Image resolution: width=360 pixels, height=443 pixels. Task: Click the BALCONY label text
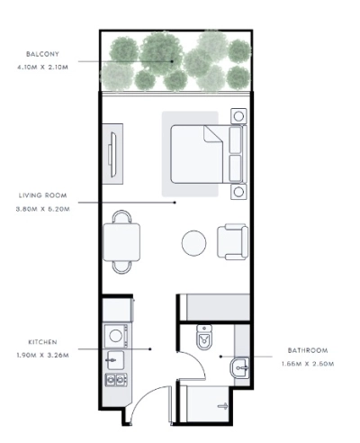[42, 54]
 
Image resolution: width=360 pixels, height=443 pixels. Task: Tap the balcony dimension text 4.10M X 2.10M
[42, 68]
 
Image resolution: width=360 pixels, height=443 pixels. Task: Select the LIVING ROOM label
[43, 195]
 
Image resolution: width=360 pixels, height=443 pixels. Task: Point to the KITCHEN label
[42, 342]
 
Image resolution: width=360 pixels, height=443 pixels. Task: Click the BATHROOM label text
[308, 350]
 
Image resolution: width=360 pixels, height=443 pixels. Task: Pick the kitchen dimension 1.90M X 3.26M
[42, 355]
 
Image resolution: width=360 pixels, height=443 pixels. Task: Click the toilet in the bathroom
[204, 337]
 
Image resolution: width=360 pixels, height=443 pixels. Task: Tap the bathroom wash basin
[239, 367]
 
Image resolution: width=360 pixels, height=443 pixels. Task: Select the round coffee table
[193, 243]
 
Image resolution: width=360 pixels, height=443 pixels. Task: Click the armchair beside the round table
[233, 241]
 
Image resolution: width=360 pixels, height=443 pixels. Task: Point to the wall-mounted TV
[112, 154]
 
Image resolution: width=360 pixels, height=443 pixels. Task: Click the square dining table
[121, 242]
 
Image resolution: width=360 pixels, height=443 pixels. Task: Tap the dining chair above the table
[121, 216]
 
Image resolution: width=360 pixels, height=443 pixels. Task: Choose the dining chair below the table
[121, 267]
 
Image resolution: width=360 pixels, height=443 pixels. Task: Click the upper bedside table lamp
[238, 116]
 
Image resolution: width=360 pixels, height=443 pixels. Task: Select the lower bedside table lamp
[238, 192]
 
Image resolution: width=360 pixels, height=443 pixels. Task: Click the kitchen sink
[115, 360]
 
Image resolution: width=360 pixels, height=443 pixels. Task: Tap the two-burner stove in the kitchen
[116, 380]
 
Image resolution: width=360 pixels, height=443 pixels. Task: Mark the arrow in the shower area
[222, 406]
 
